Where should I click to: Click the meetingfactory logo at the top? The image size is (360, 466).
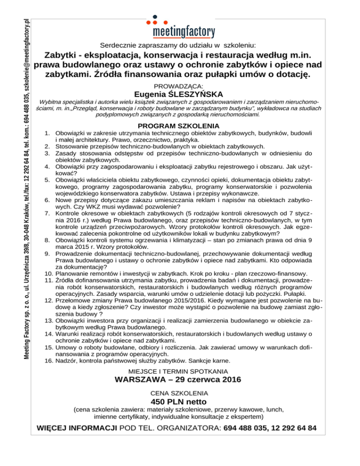coord(184,31)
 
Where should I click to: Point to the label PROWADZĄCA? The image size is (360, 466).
coord(180,86)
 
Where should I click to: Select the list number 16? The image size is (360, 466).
coord(45,361)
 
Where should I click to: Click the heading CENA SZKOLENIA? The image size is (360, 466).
coord(180,393)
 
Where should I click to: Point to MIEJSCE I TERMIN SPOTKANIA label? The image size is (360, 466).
coord(180,371)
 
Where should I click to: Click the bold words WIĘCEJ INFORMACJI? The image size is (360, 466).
coord(78,428)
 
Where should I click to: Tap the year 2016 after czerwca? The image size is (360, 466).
coord(228,380)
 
